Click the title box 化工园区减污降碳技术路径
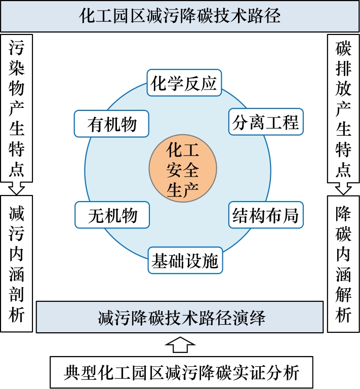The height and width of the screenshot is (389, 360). (x=180, y=16)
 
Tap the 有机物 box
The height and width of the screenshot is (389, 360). (x=112, y=124)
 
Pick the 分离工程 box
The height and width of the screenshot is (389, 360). (x=266, y=122)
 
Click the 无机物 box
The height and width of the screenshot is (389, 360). (x=112, y=215)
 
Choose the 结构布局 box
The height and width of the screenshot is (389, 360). (x=266, y=215)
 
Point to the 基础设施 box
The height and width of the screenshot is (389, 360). (x=185, y=261)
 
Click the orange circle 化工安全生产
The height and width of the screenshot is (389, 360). (x=183, y=169)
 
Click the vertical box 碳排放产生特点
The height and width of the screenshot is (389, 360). (x=343, y=107)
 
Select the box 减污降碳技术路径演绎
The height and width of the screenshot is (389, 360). (x=180, y=317)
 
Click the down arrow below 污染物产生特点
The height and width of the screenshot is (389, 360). (x=17, y=188)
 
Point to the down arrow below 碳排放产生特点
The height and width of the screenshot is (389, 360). (x=344, y=188)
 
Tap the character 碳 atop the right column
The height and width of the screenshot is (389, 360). (x=344, y=49)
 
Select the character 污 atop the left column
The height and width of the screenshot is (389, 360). (x=17, y=49)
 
